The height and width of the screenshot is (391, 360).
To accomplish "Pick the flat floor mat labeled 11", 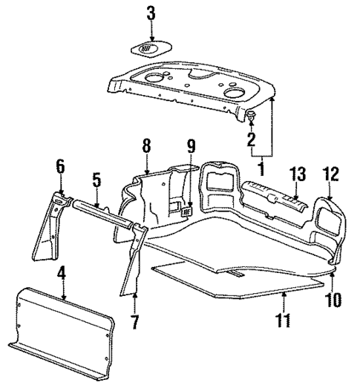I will click(238, 278).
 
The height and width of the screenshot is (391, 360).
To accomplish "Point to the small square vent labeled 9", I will click(188, 211).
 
